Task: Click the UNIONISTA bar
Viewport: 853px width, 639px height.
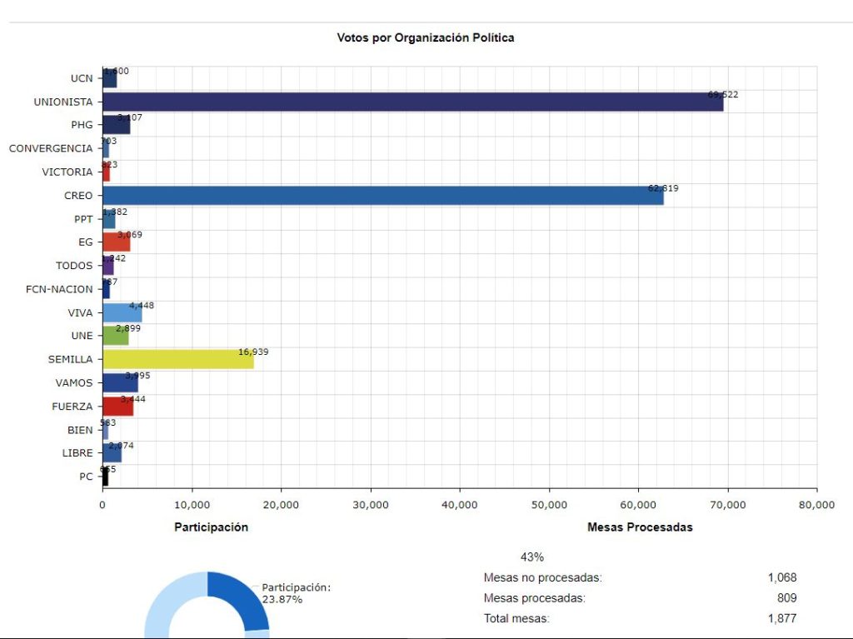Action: point(412,102)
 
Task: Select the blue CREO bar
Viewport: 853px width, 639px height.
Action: point(383,196)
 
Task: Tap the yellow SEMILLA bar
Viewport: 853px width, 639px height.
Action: point(177,360)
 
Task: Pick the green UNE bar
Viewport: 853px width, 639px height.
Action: point(115,336)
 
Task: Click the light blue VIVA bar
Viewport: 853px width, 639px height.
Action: point(122,313)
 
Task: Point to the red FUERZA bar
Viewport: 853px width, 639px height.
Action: point(117,407)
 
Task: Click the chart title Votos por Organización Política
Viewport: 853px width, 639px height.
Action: point(426,37)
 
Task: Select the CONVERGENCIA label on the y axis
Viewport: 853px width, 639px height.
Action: point(51,148)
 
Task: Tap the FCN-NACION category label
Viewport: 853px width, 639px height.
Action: point(59,289)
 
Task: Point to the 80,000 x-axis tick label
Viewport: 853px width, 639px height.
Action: point(816,504)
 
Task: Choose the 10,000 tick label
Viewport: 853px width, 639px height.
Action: point(192,504)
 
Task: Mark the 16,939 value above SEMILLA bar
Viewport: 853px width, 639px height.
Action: point(253,352)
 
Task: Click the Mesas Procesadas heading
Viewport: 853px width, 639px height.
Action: point(640,527)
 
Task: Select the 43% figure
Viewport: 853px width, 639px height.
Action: point(531,557)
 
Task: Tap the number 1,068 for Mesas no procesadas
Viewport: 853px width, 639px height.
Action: point(782,577)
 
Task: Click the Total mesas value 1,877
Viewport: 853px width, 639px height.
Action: point(782,618)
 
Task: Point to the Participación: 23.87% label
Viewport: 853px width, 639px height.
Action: point(296,593)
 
